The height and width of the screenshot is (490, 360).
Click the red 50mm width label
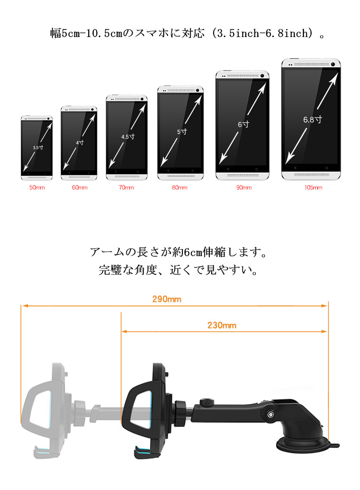37,187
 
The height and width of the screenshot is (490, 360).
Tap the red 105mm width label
313,187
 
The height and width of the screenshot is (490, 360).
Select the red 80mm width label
180,187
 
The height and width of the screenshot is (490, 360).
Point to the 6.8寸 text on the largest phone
312,119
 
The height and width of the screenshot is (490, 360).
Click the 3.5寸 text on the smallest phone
38,147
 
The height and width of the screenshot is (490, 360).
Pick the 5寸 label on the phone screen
182,132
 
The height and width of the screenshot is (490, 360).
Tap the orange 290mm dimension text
167,299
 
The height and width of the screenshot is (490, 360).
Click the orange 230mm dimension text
222,325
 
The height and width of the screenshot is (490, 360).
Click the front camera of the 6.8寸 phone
333,64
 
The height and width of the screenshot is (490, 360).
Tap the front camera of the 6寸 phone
262,75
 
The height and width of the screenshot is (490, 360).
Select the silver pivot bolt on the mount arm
271,415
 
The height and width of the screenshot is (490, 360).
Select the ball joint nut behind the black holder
180,413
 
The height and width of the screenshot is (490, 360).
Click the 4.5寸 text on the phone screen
128,136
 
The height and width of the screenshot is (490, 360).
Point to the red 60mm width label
80,187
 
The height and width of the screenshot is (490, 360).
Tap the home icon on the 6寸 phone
256,169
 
